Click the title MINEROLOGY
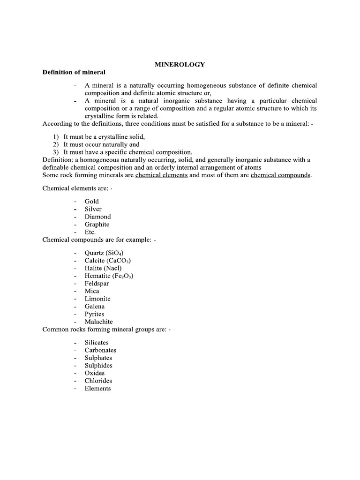pyautogui.click(x=180, y=65)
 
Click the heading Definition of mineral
pyautogui.click(x=74, y=72)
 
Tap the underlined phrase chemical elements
pyautogui.click(x=161, y=175)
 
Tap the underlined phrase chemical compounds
pyautogui.click(x=281, y=175)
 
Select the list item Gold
pyautogui.click(x=92, y=202)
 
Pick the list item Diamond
pyautogui.click(x=97, y=217)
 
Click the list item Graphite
pyautogui.click(x=97, y=225)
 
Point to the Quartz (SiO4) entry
pyautogui.click(x=104, y=253)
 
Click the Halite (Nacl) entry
pyautogui.click(x=103, y=268)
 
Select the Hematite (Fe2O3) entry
pyautogui.click(x=109, y=276)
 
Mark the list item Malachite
pyautogui.click(x=98, y=322)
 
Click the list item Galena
pyautogui.click(x=95, y=307)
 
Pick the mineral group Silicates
pyautogui.click(x=97, y=343)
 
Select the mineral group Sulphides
pyautogui.click(x=98, y=366)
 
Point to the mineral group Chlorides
pyautogui.click(x=98, y=381)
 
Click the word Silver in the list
pyautogui.click(x=93, y=209)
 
